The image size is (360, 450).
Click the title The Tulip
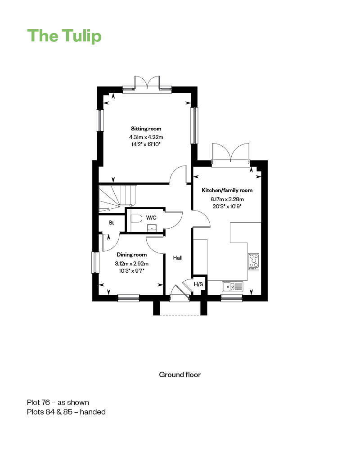tap(64, 36)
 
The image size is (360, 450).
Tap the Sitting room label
tap(146, 129)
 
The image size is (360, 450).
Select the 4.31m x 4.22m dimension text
tap(146, 137)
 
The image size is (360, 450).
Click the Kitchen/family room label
tap(227, 190)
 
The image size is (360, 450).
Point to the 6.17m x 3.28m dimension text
tap(227, 199)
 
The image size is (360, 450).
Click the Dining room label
tap(132, 255)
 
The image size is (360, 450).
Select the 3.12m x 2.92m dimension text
tap(132, 263)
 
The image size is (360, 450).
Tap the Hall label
tap(178, 258)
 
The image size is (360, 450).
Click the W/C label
tap(151, 218)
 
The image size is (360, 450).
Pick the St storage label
tap(112, 223)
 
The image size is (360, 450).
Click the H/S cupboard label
tap(198, 284)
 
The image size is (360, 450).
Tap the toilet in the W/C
tap(137, 219)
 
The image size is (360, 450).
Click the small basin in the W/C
tap(152, 228)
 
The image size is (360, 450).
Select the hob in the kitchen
tap(254, 262)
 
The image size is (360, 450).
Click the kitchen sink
tap(232, 286)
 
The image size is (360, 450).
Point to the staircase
tap(117, 198)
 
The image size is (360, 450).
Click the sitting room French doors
tap(147, 83)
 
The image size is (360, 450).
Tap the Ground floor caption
tap(180, 374)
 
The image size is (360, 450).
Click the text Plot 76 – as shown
tap(58, 402)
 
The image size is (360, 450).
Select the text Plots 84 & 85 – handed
tap(66, 412)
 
